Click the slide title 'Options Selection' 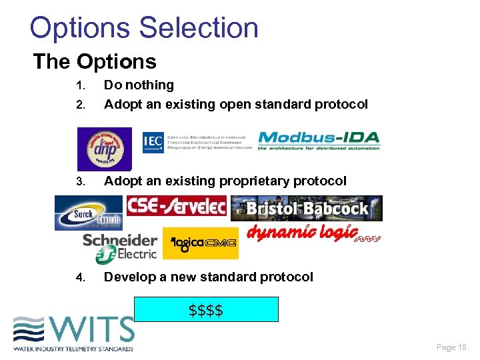[x=144, y=28]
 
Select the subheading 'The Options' [x=95, y=62]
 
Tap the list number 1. [x=81, y=85]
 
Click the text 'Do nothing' [x=139, y=85]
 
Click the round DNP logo [x=104, y=149]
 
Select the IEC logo [x=197, y=141]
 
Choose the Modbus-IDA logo [x=319, y=141]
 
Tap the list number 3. [x=81, y=181]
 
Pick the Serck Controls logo [x=89, y=213]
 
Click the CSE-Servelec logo [x=177, y=206]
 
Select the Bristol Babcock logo [x=307, y=208]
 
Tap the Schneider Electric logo [x=121, y=247]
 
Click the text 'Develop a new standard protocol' [x=208, y=277]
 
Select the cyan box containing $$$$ [x=206, y=310]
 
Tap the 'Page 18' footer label [x=451, y=347]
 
